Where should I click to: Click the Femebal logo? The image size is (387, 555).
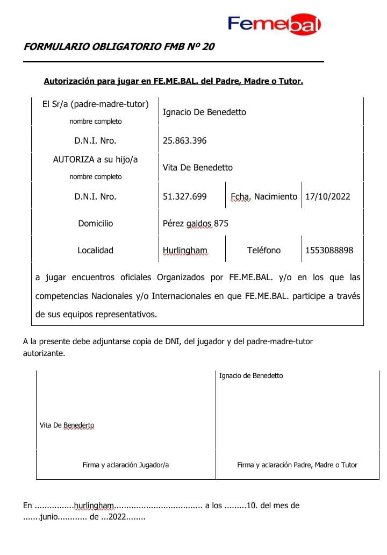pyautogui.click(x=274, y=24)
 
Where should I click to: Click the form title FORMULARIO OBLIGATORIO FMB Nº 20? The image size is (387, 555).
pyautogui.click(x=119, y=47)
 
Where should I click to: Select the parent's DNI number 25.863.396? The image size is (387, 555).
pyautogui.click(x=184, y=141)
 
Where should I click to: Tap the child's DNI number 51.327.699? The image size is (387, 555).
pyautogui.click(x=184, y=197)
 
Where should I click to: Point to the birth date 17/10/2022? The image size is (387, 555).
pyautogui.click(x=327, y=197)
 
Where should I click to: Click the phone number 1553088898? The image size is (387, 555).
pyautogui.click(x=329, y=251)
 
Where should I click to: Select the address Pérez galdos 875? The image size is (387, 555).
pyautogui.click(x=195, y=224)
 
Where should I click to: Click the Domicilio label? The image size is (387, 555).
pyautogui.click(x=95, y=224)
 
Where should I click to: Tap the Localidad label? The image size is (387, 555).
pyautogui.click(x=95, y=251)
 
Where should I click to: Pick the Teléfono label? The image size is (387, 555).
pyautogui.click(x=263, y=251)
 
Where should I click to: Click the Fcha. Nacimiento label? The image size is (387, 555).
pyautogui.click(x=263, y=197)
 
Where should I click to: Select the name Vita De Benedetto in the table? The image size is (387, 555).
pyautogui.click(x=197, y=168)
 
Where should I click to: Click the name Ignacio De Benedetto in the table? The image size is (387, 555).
pyautogui.click(x=204, y=112)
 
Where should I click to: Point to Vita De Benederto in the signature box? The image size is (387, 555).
pyautogui.click(x=67, y=425)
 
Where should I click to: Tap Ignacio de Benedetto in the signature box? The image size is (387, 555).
pyautogui.click(x=251, y=376)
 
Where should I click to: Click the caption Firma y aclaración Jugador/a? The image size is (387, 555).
pyautogui.click(x=125, y=465)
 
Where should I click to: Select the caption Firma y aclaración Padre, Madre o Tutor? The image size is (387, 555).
pyautogui.click(x=297, y=465)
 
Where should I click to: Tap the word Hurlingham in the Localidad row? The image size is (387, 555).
pyautogui.click(x=184, y=251)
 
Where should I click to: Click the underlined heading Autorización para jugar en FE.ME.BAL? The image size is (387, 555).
pyautogui.click(x=173, y=82)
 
